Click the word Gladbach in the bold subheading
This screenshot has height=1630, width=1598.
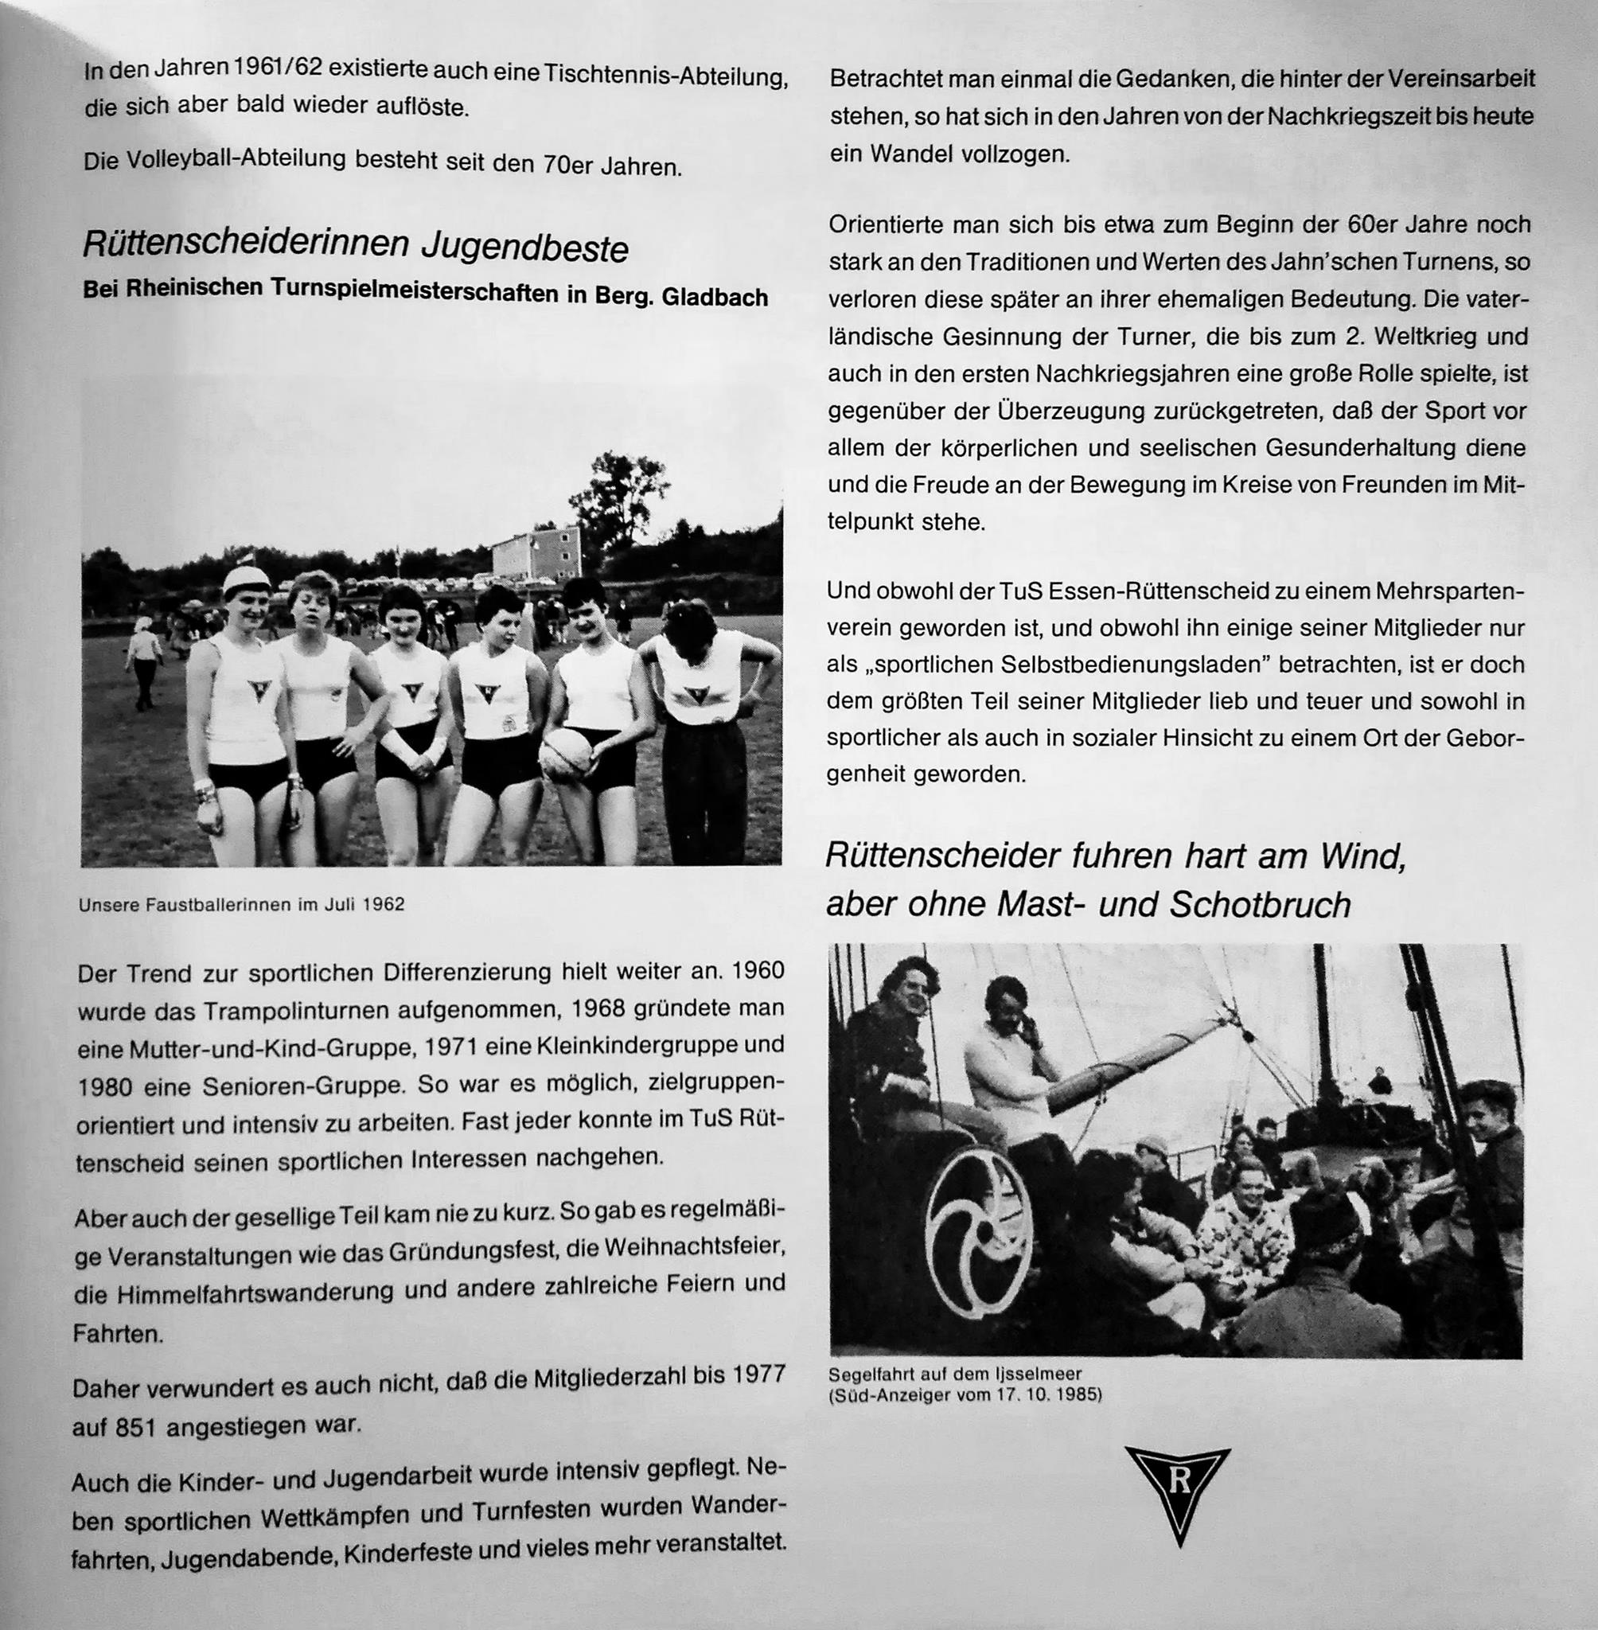(715, 298)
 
